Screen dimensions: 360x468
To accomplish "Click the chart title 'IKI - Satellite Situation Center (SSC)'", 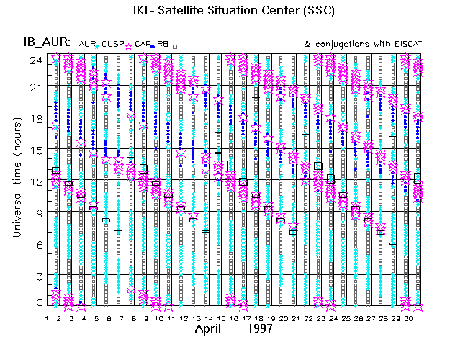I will click(233, 11).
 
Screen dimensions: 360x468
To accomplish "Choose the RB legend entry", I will click(165, 44).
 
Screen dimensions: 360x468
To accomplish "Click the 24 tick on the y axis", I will click(35, 60).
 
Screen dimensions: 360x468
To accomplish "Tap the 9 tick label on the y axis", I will click(37, 212).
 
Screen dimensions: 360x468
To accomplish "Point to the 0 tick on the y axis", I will click(38, 303).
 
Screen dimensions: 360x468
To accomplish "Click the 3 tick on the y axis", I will click(38, 276).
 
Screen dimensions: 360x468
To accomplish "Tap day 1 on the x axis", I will click(47, 318).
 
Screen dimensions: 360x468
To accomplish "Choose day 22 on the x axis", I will click(307, 318).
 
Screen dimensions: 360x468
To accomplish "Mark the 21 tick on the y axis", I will click(35, 87).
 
